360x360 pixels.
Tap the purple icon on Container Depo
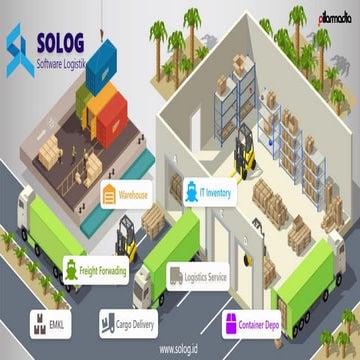tap(230, 323)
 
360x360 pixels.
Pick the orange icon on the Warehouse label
tap(109, 195)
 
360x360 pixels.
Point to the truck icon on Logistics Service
tap(176, 276)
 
